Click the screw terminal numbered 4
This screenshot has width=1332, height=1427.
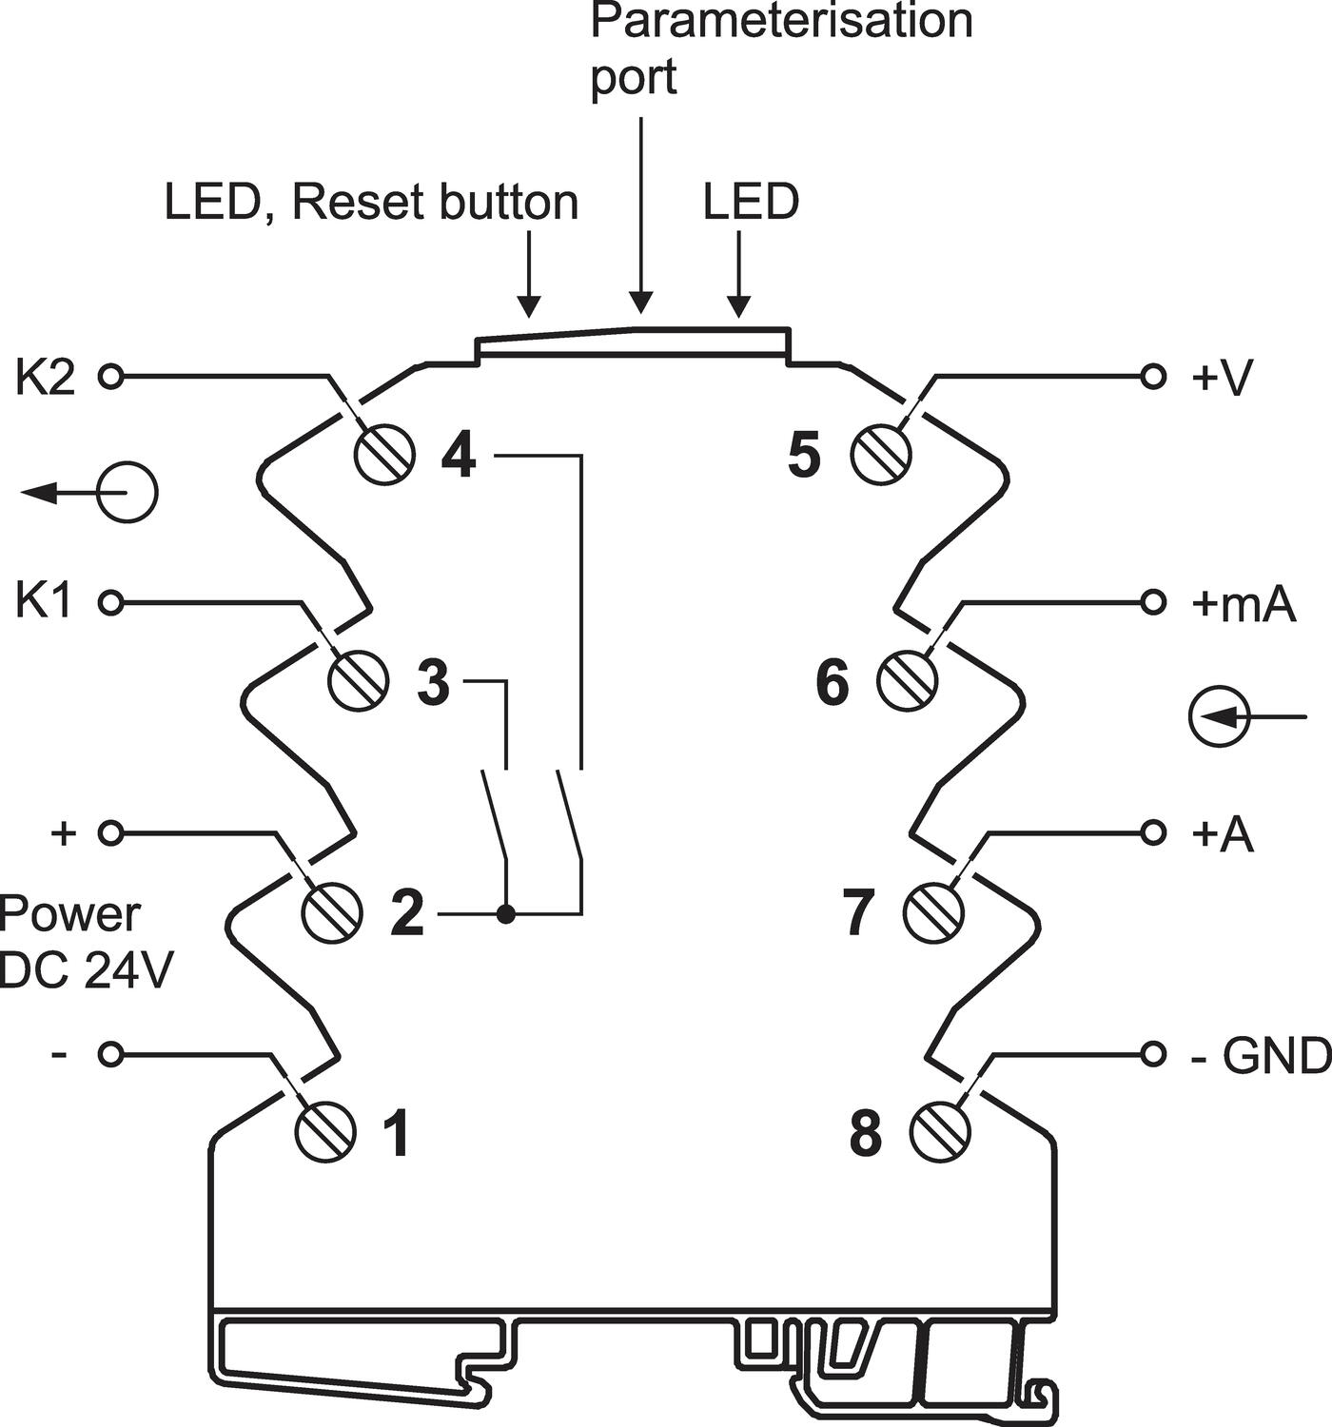(385, 454)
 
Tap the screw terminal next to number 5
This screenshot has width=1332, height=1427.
(881, 454)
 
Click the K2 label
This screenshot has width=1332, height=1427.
(45, 378)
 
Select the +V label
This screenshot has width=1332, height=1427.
(1222, 378)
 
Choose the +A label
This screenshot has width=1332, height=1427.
(1222, 834)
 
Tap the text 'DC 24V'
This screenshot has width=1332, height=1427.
(87, 971)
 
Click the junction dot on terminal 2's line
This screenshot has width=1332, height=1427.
(507, 914)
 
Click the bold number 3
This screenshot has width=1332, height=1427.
(434, 682)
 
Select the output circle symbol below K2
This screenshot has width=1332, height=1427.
(127, 493)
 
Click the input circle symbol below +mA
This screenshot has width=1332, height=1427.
(1219, 716)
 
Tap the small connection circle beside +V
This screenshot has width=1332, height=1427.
(1153, 377)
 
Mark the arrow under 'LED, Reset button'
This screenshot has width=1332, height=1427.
(529, 274)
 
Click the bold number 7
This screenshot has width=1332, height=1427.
(861, 913)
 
